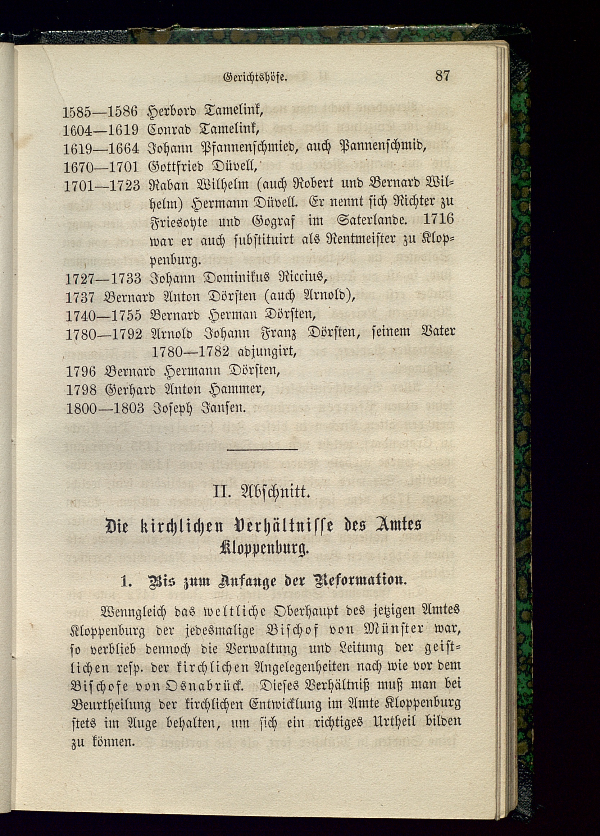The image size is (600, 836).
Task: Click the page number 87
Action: point(442,75)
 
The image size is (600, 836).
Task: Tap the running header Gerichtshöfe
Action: point(255,78)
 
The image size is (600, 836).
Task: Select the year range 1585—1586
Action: point(100,111)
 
